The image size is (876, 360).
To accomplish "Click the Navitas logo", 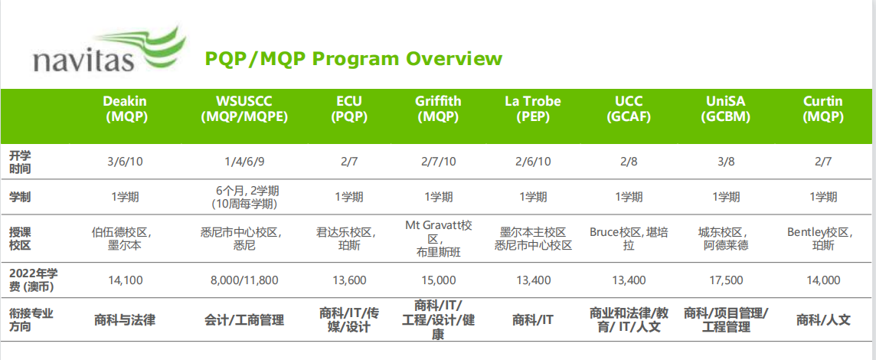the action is [x=109, y=51].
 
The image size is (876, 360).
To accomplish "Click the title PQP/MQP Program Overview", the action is [x=354, y=59].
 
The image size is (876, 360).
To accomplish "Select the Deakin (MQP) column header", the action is [x=125, y=110].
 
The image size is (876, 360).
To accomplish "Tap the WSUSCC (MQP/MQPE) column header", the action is [x=244, y=110].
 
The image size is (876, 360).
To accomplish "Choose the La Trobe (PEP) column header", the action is [x=533, y=110].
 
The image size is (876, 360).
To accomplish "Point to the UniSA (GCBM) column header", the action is [x=726, y=110].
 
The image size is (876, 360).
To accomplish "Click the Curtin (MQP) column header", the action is [x=823, y=110].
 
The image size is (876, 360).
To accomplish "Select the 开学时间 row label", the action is [x=20, y=162].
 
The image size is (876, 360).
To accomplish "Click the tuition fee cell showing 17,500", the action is [x=726, y=280].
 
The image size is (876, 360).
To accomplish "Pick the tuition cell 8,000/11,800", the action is [x=244, y=280].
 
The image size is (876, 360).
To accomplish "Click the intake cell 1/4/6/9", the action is [x=244, y=162].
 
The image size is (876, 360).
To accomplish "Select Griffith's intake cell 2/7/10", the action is [x=438, y=162].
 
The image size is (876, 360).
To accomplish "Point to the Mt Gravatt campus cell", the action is [x=439, y=239].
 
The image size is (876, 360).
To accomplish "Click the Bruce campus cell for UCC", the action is [x=629, y=239].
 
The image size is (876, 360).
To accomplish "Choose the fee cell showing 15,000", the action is [x=439, y=280].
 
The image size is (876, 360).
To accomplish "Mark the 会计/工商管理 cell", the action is [x=244, y=320].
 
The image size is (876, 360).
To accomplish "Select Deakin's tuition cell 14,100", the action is [x=125, y=280].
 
